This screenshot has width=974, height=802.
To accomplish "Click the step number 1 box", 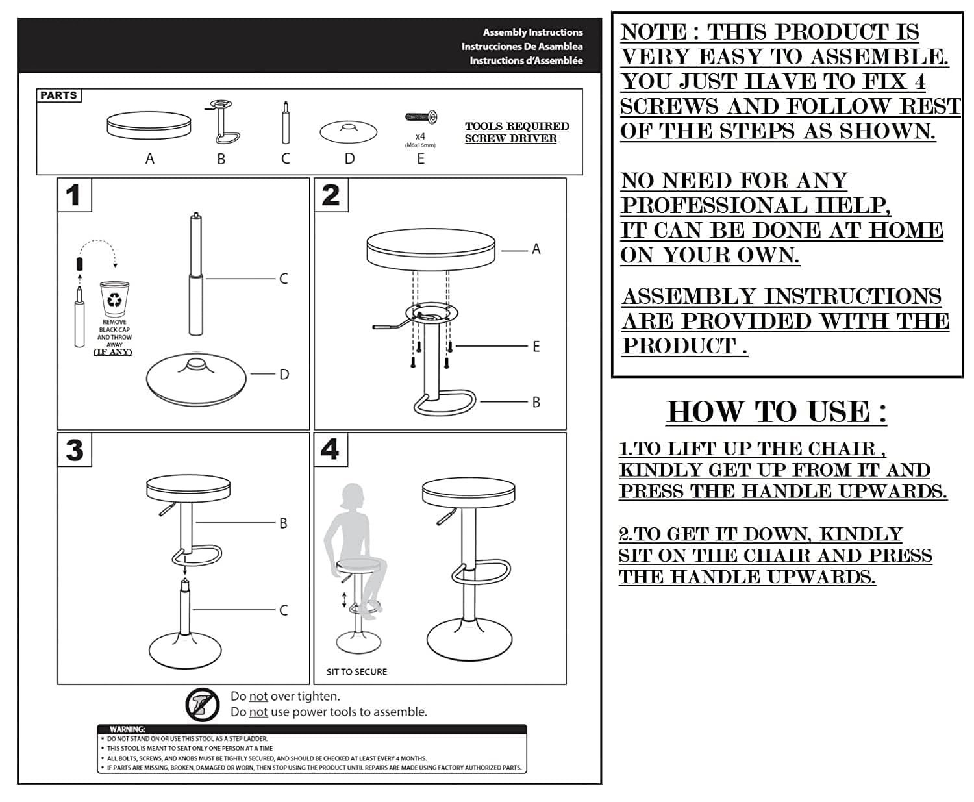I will click(x=74, y=195).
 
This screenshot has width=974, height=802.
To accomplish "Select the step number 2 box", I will click(x=331, y=195).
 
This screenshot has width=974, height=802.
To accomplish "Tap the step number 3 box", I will click(x=74, y=450).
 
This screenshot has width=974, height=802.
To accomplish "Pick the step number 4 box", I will click(x=330, y=449).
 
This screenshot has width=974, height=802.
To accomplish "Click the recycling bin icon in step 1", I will click(x=114, y=299).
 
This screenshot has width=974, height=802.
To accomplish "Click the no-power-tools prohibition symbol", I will click(x=202, y=705).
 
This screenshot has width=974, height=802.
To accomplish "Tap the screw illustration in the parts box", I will click(x=421, y=118).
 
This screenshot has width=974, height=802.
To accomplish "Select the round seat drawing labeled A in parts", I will click(x=149, y=125).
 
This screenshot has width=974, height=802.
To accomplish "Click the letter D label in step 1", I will click(x=284, y=374).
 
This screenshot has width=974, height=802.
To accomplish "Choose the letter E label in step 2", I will click(x=536, y=347).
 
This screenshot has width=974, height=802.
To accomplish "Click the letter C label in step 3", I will click(x=283, y=610).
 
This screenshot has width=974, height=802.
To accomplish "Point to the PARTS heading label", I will click(x=58, y=95).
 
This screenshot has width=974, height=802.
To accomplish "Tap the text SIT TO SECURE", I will click(x=356, y=672).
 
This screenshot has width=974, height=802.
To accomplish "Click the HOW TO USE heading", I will click(x=777, y=412).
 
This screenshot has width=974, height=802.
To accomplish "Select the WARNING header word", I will click(x=127, y=729).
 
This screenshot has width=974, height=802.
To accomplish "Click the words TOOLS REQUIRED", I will click(x=517, y=126).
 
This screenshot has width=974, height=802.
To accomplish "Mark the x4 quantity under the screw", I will click(x=420, y=136).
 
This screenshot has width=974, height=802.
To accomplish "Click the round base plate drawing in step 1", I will click(x=197, y=377).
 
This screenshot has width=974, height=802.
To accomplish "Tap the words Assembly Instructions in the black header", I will click(x=532, y=32).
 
